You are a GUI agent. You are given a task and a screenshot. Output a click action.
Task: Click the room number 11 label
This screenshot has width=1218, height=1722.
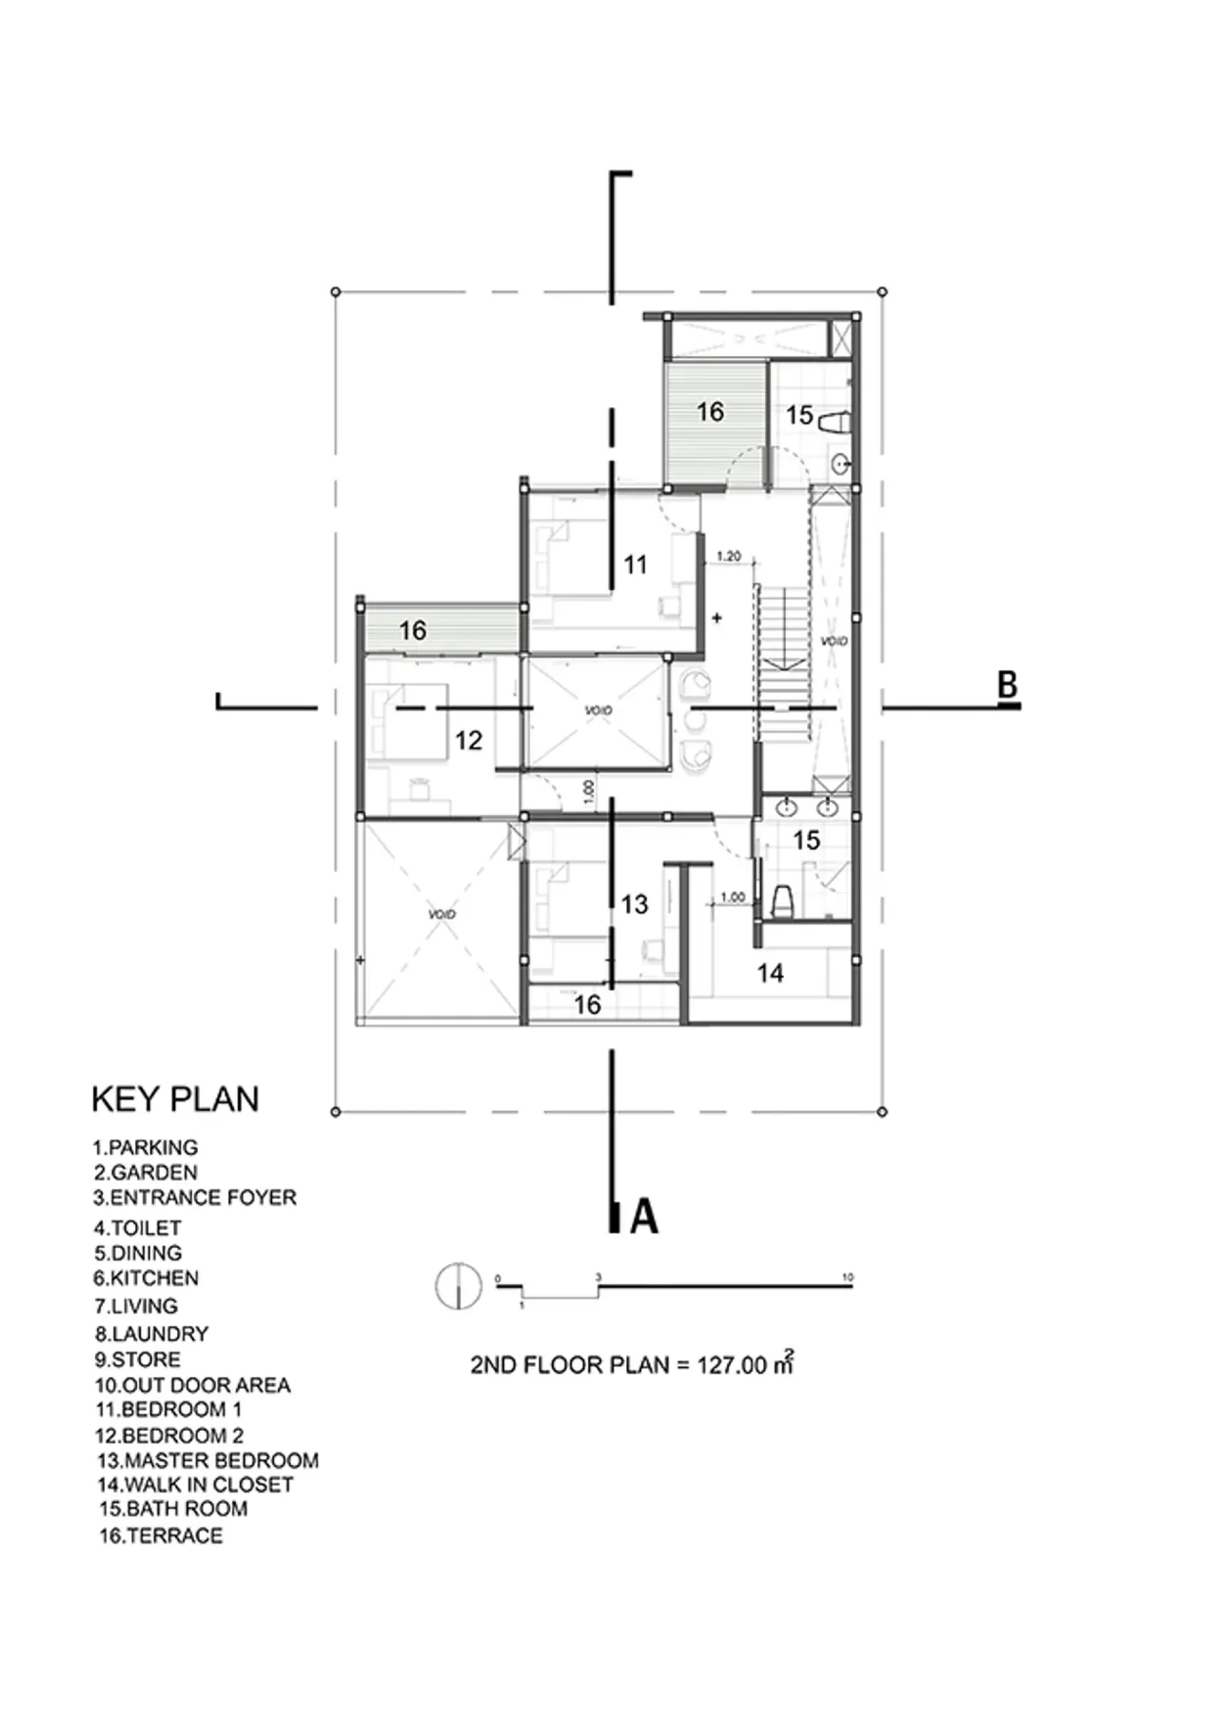635,564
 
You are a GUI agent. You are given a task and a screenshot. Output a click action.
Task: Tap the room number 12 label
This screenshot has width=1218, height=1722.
468,741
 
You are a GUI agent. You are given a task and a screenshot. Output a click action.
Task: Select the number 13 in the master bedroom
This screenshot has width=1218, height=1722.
635,903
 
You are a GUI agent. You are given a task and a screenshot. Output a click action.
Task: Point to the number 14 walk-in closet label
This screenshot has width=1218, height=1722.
770,973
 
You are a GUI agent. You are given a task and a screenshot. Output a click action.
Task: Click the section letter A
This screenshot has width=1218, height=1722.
644,1217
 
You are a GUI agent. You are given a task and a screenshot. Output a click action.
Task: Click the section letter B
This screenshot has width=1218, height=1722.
1007,684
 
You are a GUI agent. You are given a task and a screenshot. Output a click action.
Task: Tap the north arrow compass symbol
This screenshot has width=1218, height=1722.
458,1285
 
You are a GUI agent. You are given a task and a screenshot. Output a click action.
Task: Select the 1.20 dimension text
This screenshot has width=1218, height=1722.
728,556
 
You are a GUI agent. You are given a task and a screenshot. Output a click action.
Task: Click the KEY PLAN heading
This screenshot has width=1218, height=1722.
175,1099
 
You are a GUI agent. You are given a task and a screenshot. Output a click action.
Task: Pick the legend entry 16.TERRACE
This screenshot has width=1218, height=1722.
161,1535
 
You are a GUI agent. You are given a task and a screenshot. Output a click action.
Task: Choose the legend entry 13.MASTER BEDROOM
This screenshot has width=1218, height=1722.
207,1460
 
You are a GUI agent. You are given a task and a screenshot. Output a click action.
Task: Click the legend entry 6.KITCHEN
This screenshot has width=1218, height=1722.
147,1278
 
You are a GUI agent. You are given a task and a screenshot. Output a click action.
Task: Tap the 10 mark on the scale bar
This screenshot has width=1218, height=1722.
848,1277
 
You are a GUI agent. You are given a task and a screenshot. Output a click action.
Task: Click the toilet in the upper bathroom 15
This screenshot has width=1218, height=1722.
834,421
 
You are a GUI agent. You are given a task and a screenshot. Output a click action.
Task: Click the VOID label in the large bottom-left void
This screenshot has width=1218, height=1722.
442,914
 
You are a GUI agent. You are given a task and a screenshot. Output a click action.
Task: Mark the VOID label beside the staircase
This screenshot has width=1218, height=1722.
834,642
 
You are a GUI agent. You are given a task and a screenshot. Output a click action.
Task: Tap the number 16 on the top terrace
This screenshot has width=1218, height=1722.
710,411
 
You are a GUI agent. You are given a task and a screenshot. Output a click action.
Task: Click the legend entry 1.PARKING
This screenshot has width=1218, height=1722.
146,1147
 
